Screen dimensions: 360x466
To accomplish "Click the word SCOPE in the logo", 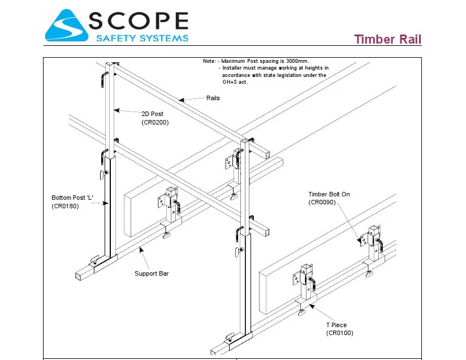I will (x=138, y=21).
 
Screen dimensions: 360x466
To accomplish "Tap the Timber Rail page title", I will (x=387, y=40).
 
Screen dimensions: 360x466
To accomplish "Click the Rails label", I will (x=213, y=98).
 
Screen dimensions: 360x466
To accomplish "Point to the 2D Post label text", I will (x=152, y=114).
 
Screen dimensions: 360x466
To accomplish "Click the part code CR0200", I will (x=155, y=122).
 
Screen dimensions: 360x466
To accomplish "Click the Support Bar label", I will (x=152, y=274).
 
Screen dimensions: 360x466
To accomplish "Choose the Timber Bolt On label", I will (x=329, y=194).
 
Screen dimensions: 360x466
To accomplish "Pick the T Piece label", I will (x=336, y=325).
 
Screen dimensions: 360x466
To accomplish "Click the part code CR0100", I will (x=339, y=333).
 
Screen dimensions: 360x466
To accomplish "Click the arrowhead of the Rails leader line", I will (x=180, y=100).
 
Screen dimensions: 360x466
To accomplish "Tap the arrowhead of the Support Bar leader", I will (x=138, y=247).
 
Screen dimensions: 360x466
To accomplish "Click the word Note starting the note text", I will (x=209, y=61).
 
